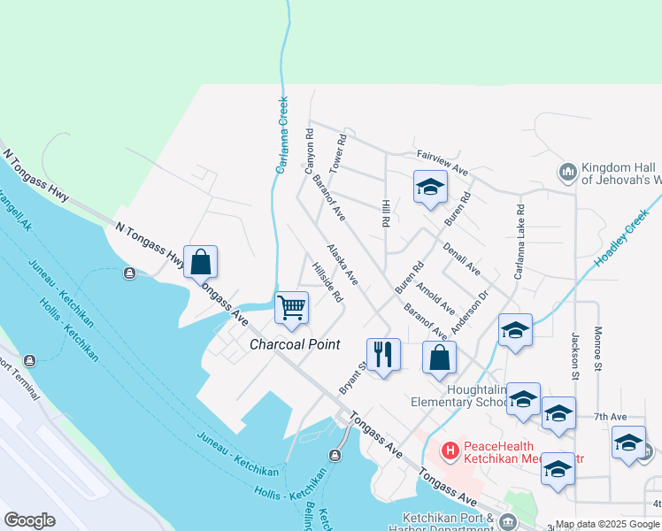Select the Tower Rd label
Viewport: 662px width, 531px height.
pyautogui.click(x=336, y=153)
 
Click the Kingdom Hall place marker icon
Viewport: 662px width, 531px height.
pyautogui.click(x=567, y=171)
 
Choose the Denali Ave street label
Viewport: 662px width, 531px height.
pyautogui.click(x=461, y=258)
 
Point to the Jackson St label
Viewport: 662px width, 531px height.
pyautogui.click(x=574, y=350)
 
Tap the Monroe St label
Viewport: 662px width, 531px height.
pyautogui.click(x=599, y=348)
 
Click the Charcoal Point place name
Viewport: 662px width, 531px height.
pyautogui.click(x=294, y=344)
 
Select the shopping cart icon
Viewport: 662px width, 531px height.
pyautogui.click(x=291, y=308)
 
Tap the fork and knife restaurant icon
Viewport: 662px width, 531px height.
pyautogui.click(x=383, y=354)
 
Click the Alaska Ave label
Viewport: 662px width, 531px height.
pyautogui.click(x=342, y=265)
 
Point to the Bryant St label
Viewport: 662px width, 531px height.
pyautogui.click(x=352, y=378)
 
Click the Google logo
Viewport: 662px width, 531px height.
pyautogui.click(x=30, y=519)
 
